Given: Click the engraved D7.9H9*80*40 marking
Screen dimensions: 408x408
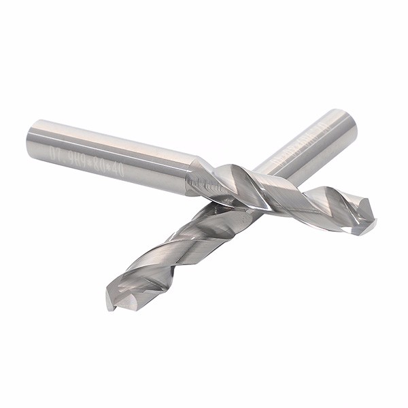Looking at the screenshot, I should [x=105, y=160].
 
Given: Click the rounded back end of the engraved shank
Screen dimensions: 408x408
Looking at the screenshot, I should [x=33, y=139].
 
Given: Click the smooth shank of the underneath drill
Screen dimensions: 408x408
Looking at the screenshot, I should [x=306, y=153].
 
